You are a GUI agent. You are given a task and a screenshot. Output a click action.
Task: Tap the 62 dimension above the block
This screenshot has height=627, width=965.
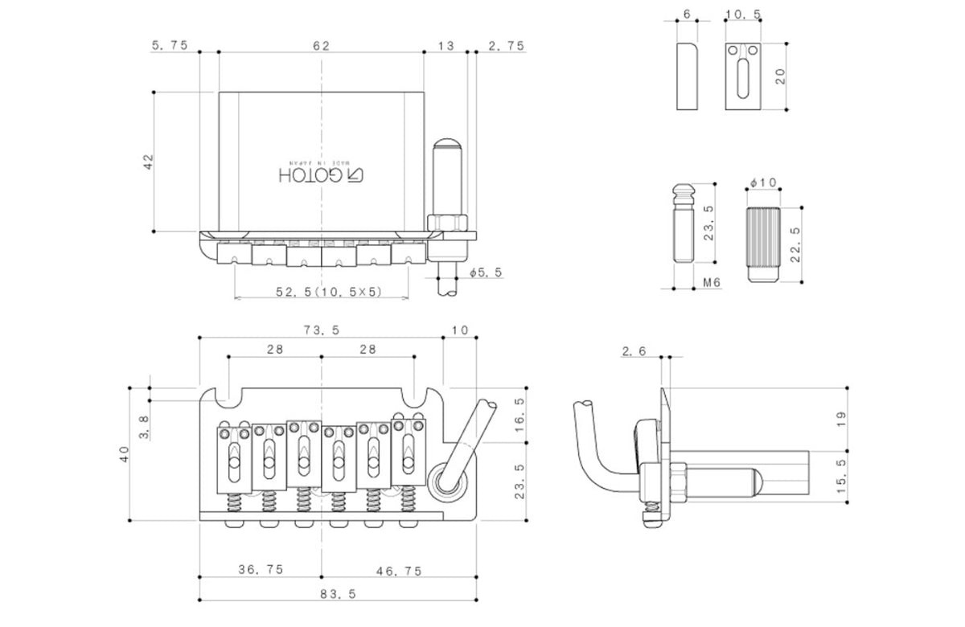pyautogui.click(x=321, y=46)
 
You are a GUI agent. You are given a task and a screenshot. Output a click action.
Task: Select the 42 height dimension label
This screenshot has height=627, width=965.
pyautogui.click(x=147, y=162)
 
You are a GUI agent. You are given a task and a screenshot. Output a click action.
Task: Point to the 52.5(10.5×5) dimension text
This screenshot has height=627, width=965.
pyautogui.click(x=330, y=293)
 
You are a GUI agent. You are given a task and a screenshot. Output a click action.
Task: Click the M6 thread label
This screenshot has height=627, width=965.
pyautogui.click(x=711, y=282)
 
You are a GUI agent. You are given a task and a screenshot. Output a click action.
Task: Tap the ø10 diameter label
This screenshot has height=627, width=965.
pyautogui.click(x=762, y=184)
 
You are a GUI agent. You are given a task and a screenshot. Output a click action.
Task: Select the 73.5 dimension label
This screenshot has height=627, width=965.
pyautogui.click(x=321, y=330)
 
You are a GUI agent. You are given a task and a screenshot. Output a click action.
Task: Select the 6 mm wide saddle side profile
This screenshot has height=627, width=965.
pyautogui.click(x=687, y=77)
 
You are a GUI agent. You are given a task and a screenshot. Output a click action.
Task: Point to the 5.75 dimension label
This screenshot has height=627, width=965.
pyautogui.click(x=170, y=46)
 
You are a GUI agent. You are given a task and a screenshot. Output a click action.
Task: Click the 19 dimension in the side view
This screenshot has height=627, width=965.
pyautogui.click(x=841, y=420)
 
